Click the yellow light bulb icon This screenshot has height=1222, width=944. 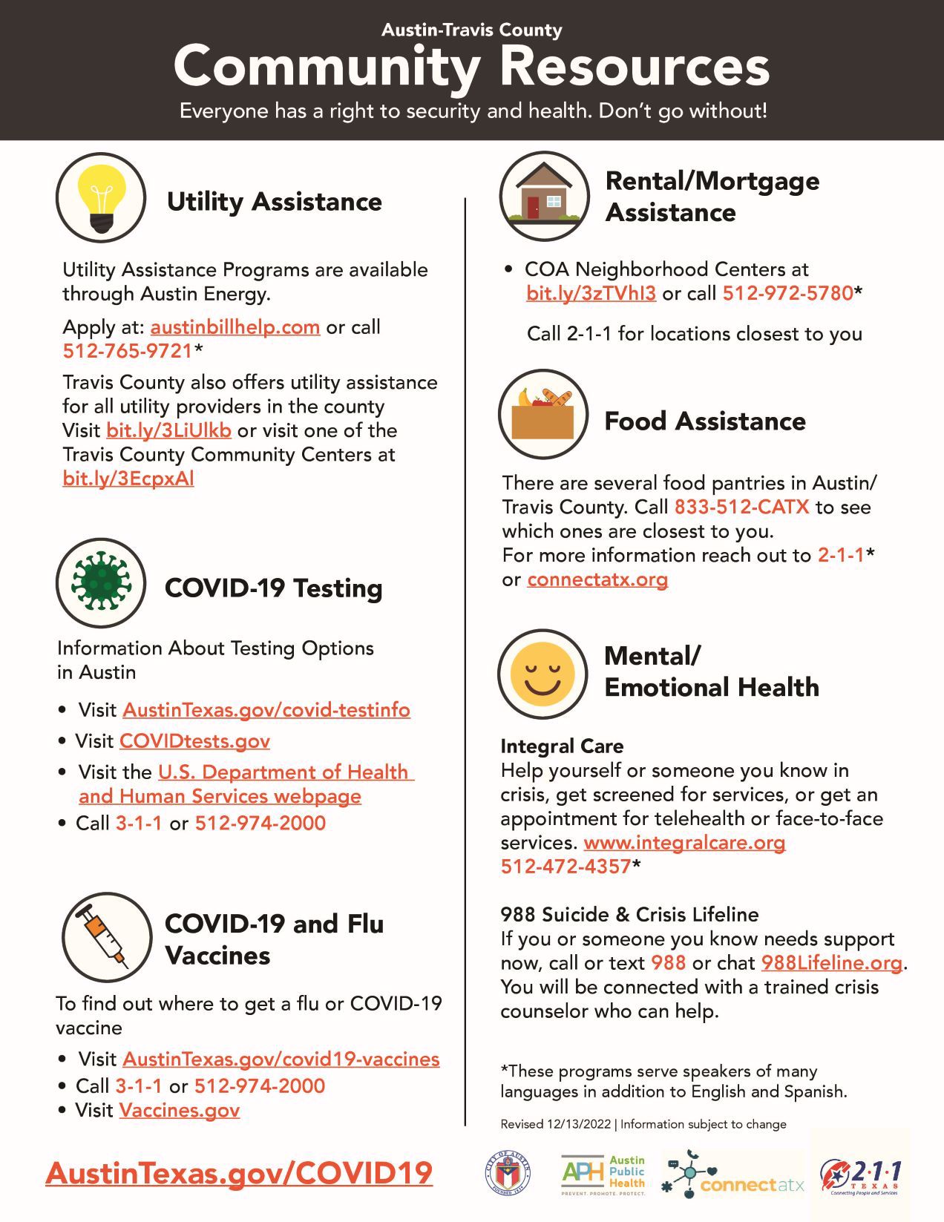[101, 197]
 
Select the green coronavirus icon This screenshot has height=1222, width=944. [101, 583]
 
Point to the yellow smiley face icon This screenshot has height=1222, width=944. [543, 674]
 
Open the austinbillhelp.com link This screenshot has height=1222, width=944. [235, 327]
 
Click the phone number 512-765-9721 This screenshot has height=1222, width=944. [128, 351]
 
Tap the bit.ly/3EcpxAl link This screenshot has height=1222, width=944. [128, 479]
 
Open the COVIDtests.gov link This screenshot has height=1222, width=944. [194, 741]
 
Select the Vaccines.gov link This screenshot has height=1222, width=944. [180, 1111]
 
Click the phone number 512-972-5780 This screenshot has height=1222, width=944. [788, 293]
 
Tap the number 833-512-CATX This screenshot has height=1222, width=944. [741, 507]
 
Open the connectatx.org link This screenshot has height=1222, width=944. [597, 579]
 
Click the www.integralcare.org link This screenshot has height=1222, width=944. [684, 843]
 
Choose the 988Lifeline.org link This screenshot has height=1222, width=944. [832, 963]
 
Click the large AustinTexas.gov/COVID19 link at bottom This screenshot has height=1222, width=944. [239, 1174]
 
